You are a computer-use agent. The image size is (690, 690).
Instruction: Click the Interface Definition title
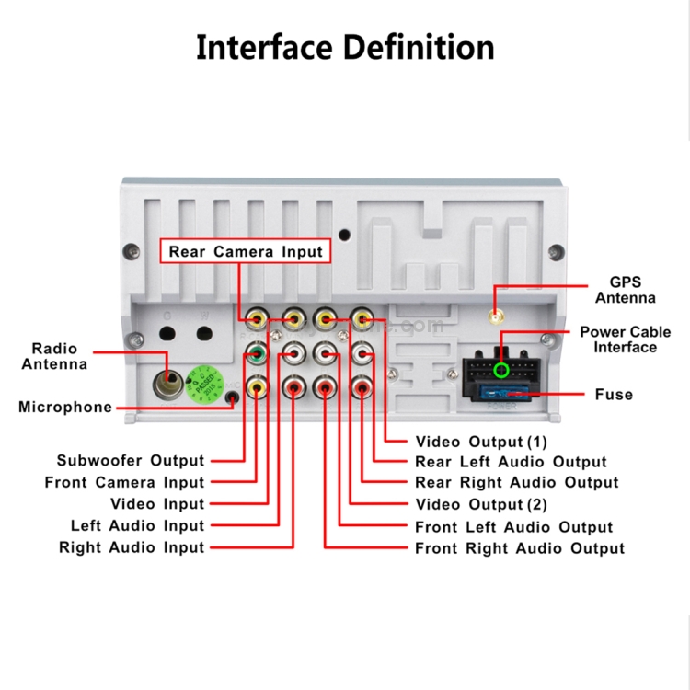pos(345,47)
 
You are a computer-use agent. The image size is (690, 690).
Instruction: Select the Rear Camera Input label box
pos(246,251)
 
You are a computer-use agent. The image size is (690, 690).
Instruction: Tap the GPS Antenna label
pos(626,290)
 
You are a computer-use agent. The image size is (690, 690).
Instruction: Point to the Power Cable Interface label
pos(626,339)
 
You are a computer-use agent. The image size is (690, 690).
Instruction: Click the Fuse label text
pos(614,395)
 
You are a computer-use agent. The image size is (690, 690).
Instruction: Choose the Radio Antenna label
pos(55,356)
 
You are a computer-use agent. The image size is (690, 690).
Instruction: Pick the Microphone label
pos(65,408)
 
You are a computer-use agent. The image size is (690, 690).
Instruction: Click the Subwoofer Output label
pos(131,460)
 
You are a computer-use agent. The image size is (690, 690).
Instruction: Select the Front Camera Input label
pos(124,482)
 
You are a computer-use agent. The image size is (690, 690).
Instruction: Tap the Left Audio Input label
pos(137,526)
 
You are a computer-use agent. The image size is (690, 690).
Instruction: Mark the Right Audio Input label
pos(132,547)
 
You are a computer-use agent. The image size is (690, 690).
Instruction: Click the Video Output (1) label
pos(481,442)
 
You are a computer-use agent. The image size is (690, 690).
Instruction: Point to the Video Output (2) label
pos(481,504)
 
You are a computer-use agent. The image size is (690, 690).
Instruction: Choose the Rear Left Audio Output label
pos(511,462)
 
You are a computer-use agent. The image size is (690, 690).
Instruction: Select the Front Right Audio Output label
pos(520,548)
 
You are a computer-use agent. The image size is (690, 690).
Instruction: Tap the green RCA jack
pos(258,352)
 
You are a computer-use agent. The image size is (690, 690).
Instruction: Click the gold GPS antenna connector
pos(495,317)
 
